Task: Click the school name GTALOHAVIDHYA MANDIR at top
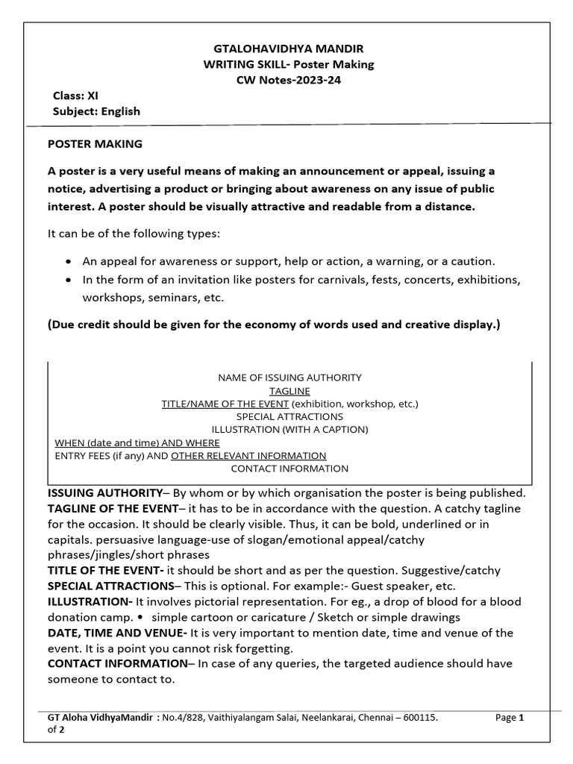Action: [289, 48]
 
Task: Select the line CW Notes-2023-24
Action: [289, 80]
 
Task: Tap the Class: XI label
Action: [75, 95]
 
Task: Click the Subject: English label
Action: [96, 111]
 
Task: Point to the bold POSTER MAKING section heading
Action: [95, 143]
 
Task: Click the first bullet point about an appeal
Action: [288, 261]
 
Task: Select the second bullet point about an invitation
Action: [301, 280]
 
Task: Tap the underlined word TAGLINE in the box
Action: [289, 391]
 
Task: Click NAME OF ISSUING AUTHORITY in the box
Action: [289, 378]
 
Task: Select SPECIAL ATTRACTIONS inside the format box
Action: [289, 416]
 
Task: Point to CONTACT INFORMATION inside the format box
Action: [289, 469]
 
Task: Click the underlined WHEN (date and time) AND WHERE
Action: [137, 442]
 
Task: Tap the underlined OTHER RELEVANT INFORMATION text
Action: [248, 455]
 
